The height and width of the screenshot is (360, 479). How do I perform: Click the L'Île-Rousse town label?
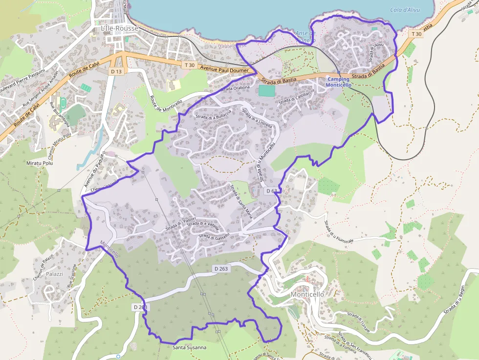click(119, 28)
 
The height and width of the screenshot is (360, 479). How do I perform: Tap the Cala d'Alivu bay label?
click(406, 10)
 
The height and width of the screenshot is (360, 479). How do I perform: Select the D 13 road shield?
click(116, 71)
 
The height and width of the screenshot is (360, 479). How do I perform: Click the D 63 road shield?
click(271, 191)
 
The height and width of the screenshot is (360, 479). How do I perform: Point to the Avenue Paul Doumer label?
click(228, 69)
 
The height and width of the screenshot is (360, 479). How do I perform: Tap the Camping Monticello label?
click(338, 82)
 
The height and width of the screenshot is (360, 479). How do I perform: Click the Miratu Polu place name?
click(41, 163)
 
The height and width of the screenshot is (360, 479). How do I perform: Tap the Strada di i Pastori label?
click(180, 223)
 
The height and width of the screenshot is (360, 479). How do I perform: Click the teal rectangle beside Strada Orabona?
click(266, 91)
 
